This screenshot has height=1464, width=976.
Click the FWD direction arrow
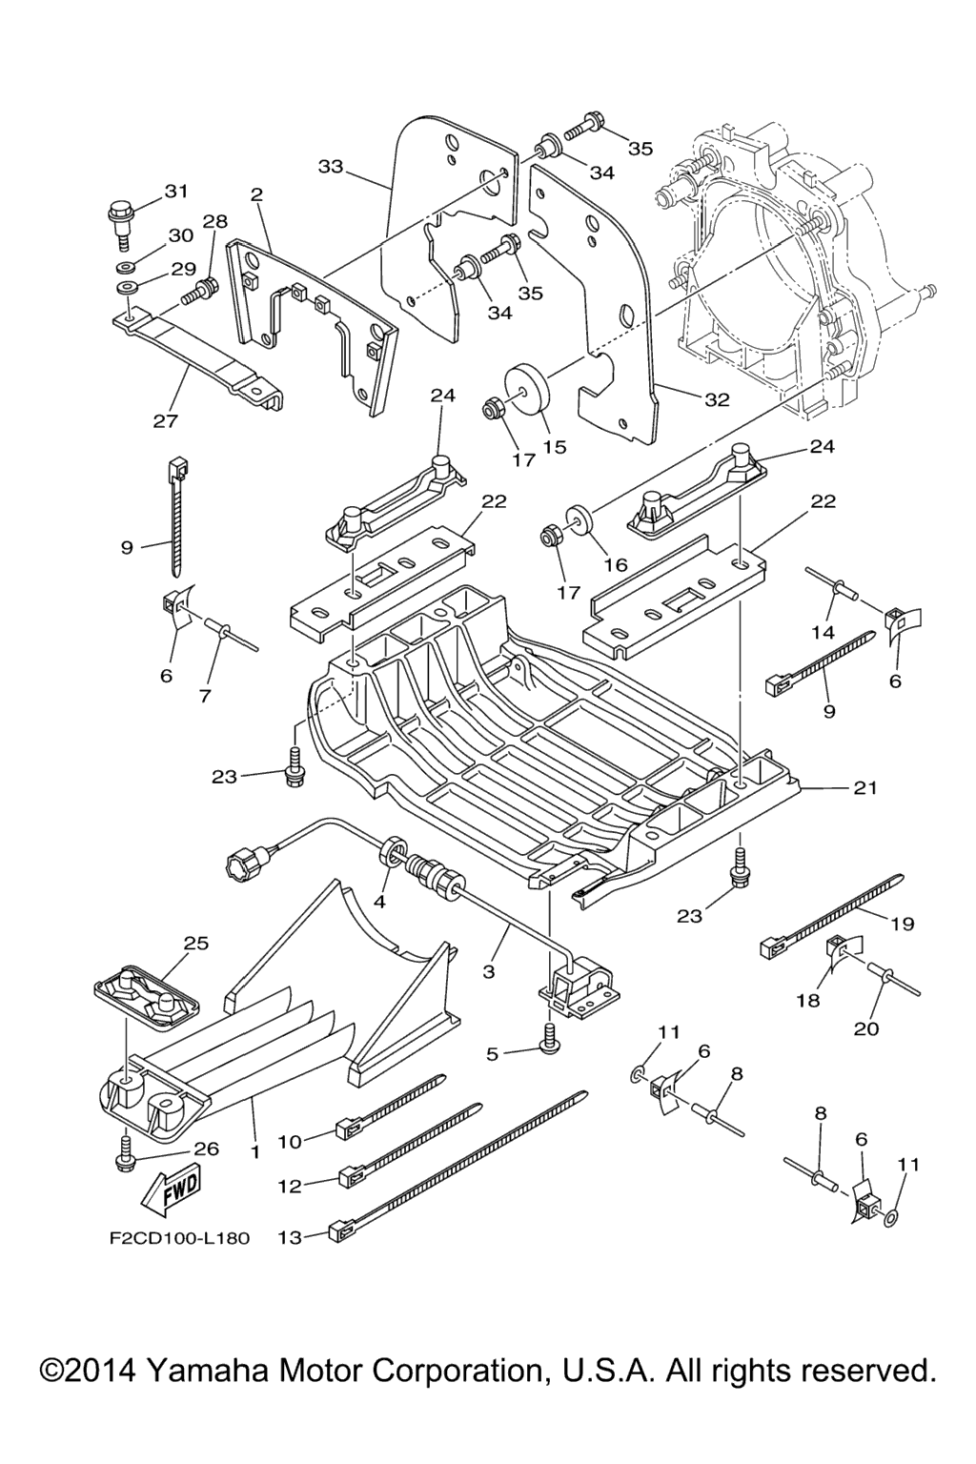173,1189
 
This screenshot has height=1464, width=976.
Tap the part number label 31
176,191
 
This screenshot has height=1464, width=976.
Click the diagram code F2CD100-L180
178,1239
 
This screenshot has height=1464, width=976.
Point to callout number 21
865,788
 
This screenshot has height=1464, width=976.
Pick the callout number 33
330,167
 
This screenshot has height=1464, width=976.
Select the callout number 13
289,1237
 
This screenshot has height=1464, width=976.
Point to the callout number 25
195,944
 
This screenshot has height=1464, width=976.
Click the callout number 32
717,400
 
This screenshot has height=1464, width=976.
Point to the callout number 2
256,193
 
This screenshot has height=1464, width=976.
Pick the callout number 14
823,631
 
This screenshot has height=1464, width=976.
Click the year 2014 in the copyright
94,1372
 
